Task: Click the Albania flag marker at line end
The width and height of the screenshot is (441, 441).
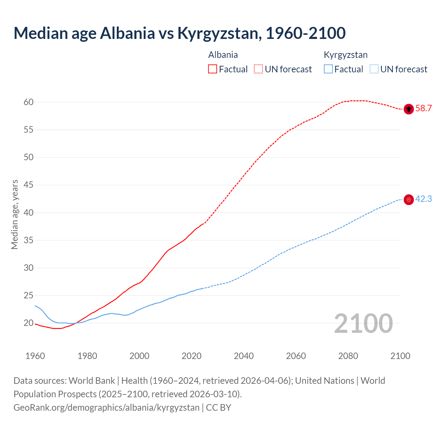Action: point(409,109)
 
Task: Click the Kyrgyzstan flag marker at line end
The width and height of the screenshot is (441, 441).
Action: point(409,199)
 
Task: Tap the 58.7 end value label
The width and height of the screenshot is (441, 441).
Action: point(423,109)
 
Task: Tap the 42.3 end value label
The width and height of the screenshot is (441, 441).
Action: point(423,199)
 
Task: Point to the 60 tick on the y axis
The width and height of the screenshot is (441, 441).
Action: point(29,102)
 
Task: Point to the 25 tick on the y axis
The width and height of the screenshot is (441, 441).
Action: point(29,296)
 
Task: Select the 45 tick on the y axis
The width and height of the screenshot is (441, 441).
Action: point(29,185)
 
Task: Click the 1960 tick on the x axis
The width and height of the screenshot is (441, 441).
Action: point(35,356)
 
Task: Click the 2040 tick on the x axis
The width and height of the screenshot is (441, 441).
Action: point(244,356)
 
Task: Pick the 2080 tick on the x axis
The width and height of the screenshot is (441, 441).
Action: point(348,356)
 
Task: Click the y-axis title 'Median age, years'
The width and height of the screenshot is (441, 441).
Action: point(14,214)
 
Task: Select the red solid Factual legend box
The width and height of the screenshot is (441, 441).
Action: point(213,69)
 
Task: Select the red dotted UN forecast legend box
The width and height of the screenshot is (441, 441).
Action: point(258,69)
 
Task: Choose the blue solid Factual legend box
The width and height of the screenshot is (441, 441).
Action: point(328,69)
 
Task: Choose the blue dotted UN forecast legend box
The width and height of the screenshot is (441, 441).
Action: point(374,69)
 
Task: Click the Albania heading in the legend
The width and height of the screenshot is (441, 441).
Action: point(223,55)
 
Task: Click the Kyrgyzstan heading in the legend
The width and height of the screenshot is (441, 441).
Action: point(346,55)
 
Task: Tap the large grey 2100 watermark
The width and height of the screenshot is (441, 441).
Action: point(363,324)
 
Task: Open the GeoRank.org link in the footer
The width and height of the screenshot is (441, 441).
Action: point(106,408)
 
